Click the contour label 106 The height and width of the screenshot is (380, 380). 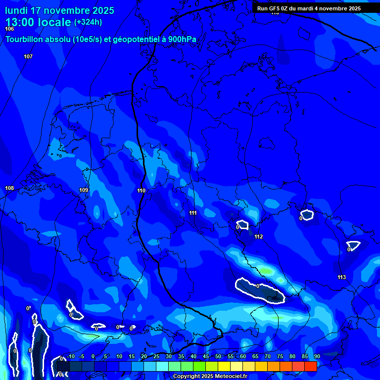click(x=9, y=29)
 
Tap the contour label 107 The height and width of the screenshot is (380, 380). click(x=28, y=56)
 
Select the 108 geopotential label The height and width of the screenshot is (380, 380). click(x=9, y=189)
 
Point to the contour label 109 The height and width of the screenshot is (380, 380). click(x=84, y=190)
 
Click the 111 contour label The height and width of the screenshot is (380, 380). click(x=193, y=213)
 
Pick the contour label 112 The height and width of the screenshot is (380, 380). click(x=258, y=237)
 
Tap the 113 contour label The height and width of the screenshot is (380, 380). click(x=341, y=277)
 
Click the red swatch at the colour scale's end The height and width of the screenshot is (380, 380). click(x=310, y=366)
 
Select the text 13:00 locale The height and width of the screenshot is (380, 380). click(x=38, y=22)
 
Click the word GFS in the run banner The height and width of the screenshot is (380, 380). click(x=275, y=8)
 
